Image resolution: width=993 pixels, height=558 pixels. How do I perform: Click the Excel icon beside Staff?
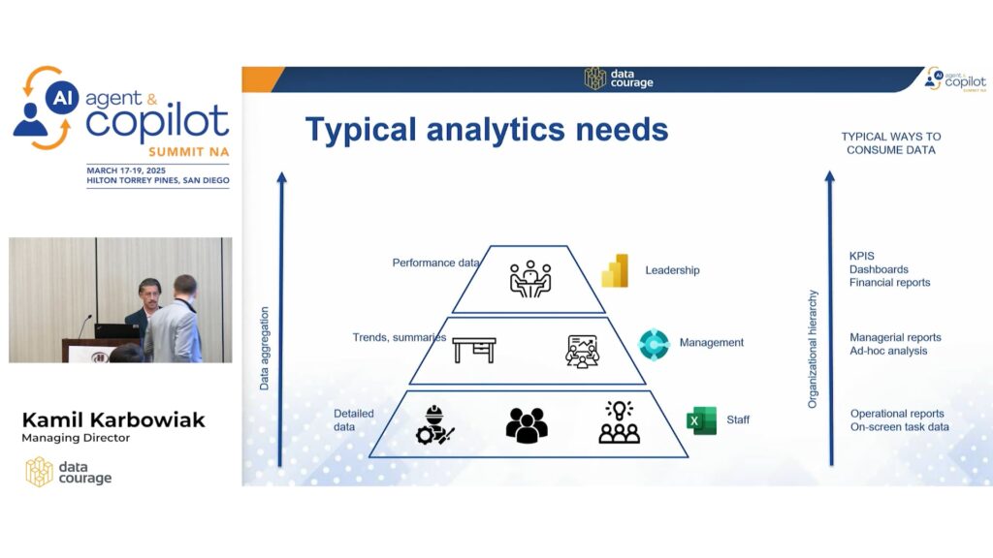click(702, 420)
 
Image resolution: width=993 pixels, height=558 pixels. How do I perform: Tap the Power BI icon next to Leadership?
click(615, 271)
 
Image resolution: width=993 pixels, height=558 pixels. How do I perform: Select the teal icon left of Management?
click(654, 344)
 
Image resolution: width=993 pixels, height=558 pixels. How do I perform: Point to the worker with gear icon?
click(435, 424)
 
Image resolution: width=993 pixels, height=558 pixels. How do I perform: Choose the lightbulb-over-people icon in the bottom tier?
click(619, 421)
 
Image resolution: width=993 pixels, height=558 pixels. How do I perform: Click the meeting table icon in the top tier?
click(530, 279)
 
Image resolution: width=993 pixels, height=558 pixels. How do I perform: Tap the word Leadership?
click(673, 270)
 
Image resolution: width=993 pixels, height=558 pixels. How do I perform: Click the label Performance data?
click(435, 263)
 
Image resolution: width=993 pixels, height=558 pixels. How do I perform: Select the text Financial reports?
click(890, 282)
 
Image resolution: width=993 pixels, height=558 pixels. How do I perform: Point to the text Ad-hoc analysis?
click(888, 351)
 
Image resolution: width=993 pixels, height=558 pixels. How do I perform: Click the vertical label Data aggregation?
click(264, 349)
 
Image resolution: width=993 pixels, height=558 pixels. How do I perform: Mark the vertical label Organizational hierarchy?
click(813, 349)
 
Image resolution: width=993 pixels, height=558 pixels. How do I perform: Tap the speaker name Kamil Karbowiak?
click(113, 419)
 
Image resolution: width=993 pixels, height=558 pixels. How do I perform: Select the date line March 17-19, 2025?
click(126, 170)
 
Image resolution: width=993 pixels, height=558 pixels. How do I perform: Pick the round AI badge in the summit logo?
click(62, 98)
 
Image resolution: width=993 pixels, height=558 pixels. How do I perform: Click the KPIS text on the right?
click(861, 256)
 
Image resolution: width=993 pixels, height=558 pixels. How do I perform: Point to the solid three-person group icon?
click(527, 424)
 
